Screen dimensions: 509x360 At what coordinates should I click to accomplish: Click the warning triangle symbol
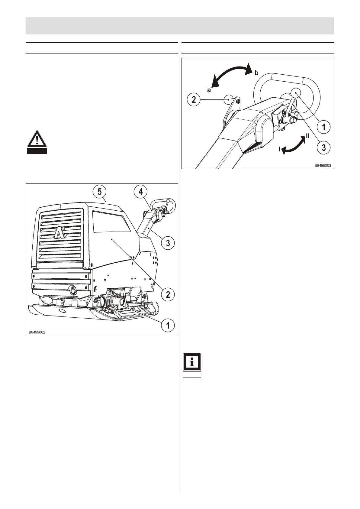point(37,139)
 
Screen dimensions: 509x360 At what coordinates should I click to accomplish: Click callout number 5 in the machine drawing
point(99,192)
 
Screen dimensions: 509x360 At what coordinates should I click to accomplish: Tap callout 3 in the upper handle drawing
point(324,148)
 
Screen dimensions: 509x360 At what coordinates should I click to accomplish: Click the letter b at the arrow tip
point(256,73)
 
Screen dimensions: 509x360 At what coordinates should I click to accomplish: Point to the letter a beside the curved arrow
point(209,90)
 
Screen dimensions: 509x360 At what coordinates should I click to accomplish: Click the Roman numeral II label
point(307,136)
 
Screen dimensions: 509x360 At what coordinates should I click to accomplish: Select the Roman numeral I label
point(279,149)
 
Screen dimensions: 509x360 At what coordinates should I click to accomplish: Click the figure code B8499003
point(323,166)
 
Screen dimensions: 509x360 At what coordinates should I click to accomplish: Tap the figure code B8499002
point(37,332)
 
